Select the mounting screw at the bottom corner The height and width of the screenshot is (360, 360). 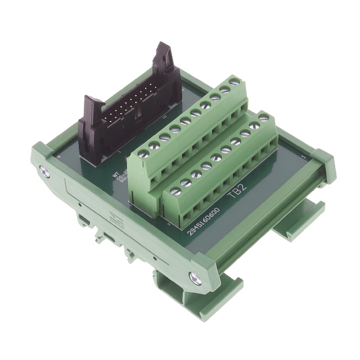196,277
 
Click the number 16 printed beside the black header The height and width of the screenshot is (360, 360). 164,116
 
